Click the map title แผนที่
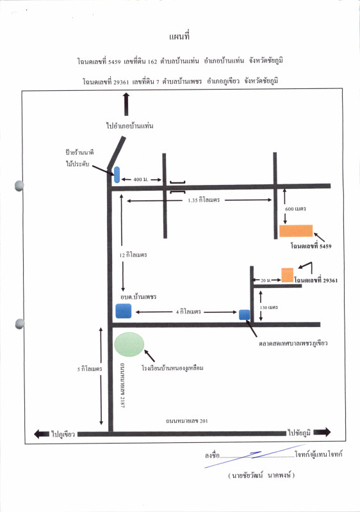tap(179, 36)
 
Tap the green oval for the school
tap(129, 344)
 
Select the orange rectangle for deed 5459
tap(296, 230)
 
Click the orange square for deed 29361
tap(288, 275)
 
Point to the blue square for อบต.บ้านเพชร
tap(124, 310)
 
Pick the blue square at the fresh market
tap(244, 315)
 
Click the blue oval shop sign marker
tap(117, 174)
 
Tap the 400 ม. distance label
tap(141, 179)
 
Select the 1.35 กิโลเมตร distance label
tap(204, 200)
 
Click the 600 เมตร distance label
tap(295, 209)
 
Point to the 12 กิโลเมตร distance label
tap(133, 255)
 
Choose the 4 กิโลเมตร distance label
tap(188, 312)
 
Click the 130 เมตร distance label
tap(269, 307)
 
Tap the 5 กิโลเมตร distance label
tap(90, 369)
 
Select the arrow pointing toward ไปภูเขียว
tap(42, 434)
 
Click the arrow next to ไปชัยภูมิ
tap(322, 432)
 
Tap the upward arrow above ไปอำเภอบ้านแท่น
tap(126, 104)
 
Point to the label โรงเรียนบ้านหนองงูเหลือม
tap(172, 368)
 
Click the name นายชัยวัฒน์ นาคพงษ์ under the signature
tap(261, 475)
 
